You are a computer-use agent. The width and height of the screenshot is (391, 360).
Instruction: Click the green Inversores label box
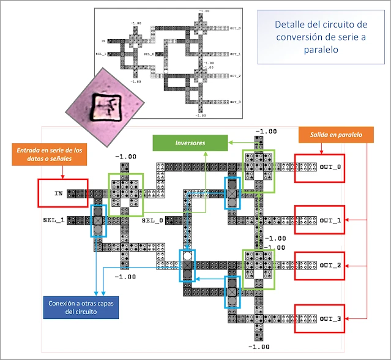coord(178,142)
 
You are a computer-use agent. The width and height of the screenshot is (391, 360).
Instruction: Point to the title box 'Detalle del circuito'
coord(321,37)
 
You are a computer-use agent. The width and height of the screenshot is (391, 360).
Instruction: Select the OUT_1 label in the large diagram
coord(332,220)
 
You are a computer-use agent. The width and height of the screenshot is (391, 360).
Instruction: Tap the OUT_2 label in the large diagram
coord(332,265)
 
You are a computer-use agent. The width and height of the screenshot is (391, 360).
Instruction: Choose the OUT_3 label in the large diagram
coord(332,318)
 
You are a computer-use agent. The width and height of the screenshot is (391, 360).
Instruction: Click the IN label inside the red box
coord(59,193)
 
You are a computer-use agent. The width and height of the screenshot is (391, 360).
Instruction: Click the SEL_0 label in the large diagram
coord(152,220)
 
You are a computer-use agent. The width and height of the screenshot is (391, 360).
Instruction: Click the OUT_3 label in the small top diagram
coord(236,102)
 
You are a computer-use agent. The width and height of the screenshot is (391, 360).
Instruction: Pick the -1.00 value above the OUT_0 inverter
coord(266,131)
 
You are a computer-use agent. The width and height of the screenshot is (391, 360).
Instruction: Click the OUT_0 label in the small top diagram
coord(236,28)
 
